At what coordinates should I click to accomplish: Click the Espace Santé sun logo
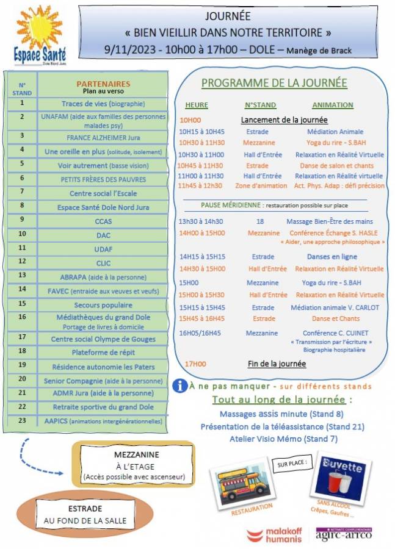41,35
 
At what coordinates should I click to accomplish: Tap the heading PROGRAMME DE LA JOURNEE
274,83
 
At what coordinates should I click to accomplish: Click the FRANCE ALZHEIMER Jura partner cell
107,137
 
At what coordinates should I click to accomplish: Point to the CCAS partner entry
104,221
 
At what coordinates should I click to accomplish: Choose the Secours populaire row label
103,304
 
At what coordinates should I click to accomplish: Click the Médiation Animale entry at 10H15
335,131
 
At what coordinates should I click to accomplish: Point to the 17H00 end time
195,364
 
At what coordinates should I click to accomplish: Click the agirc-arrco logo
344,534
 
